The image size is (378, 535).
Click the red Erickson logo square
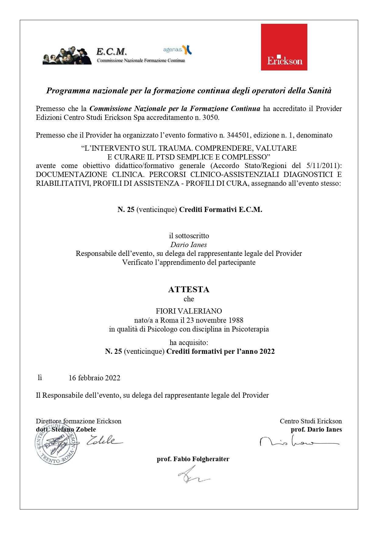(x=284, y=47)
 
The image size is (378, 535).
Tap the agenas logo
(x=177, y=49)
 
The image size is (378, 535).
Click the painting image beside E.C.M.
(x=67, y=56)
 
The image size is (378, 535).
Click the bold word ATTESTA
(x=189, y=289)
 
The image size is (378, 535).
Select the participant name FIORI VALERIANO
(x=189, y=311)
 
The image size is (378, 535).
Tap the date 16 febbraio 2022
(x=94, y=378)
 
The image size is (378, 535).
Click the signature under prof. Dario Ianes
(x=299, y=442)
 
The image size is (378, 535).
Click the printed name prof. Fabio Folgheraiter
(x=193, y=459)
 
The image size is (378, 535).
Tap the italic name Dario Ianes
(x=189, y=245)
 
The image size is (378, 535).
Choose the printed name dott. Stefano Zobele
(x=66, y=429)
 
